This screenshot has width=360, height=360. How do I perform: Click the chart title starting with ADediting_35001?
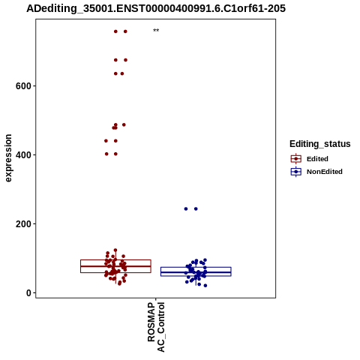click(x=156, y=8)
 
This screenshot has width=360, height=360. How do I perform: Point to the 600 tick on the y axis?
click(x=23, y=86)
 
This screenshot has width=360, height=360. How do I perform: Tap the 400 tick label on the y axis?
click(x=23, y=155)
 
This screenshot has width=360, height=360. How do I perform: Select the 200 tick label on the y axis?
click(x=23, y=224)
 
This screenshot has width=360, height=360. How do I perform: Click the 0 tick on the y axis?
click(x=28, y=293)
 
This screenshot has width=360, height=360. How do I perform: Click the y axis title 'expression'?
click(x=8, y=158)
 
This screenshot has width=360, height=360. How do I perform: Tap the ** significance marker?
click(x=156, y=31)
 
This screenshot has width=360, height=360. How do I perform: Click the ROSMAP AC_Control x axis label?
click(x=156, y=327)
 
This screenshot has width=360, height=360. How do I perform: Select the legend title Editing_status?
click(x=320, y=144)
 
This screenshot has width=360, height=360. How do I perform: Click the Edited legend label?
click(x=317, y=159)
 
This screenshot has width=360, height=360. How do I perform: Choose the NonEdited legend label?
click(x=325, y=172)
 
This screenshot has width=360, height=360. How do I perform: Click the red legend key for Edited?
click(x=296, y=159)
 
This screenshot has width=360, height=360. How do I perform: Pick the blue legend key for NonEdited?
click(x=296, y=172)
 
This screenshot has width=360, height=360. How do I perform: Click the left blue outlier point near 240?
click(x=186, y=209)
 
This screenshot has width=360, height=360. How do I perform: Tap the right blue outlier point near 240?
click(x=196, y=209)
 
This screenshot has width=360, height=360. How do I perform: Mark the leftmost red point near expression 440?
click(x=106, y=141)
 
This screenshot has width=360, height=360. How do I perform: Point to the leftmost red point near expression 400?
click(x=106, y=154)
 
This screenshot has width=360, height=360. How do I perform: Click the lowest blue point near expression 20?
click(x=205, y=286)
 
